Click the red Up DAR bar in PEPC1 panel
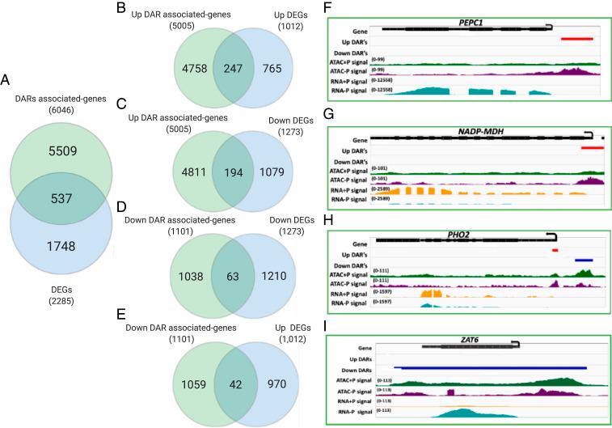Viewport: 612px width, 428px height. (x=577, y=38)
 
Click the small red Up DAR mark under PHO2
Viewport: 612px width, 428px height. (x=555, y=250)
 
